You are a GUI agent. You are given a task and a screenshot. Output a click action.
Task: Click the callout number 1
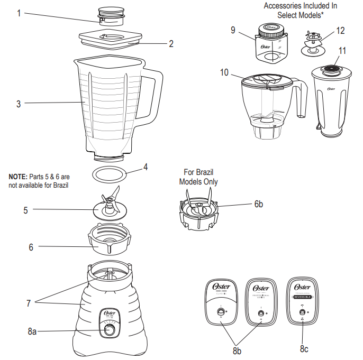click(x=19, y=13)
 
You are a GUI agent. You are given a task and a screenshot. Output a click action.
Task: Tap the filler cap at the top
click(x=111, y=15)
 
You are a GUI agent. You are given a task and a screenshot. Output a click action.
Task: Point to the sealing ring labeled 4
click(x=110, y=174)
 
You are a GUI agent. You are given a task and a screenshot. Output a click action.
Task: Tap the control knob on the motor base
click(x=110, y=330)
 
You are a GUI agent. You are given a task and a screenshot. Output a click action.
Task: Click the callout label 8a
click(x=32, y=331)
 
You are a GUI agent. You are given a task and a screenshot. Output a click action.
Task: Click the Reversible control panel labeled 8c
click(x=302, y=301)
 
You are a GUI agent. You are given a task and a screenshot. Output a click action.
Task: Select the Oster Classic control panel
click(x=221, y=301)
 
